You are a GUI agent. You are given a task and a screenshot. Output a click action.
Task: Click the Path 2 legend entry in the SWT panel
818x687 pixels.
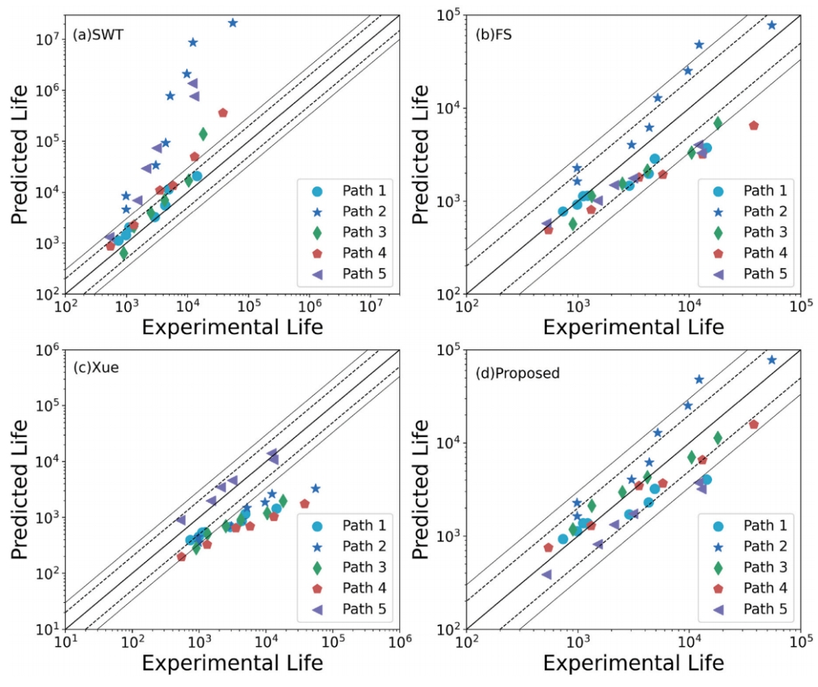pyautogui.click(x=351, y=211)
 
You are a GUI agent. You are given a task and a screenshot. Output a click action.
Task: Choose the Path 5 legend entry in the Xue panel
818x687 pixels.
pyautogui.click(x=351, y=608)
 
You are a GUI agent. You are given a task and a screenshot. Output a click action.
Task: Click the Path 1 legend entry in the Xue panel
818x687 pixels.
pyautogui.click(x=351, y=525)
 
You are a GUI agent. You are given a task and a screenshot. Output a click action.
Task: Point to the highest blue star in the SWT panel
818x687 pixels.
pyautogui.click(x=233, y=23)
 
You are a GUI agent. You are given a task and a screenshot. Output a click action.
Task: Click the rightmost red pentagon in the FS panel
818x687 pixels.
pyautogui.click(x=754, y=126)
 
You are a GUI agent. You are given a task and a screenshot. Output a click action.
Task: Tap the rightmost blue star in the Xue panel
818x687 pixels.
pyautogui.click(x=316, y=489)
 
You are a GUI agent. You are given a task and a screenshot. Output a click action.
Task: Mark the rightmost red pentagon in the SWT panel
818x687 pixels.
pyautogui.click(x=223, y=113)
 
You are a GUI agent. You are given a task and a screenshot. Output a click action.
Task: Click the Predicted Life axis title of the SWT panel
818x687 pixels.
pyautogui.click(x=22, y=155)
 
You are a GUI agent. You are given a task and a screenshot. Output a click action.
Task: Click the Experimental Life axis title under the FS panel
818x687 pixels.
pyautogui.click(x=633, y=327)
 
